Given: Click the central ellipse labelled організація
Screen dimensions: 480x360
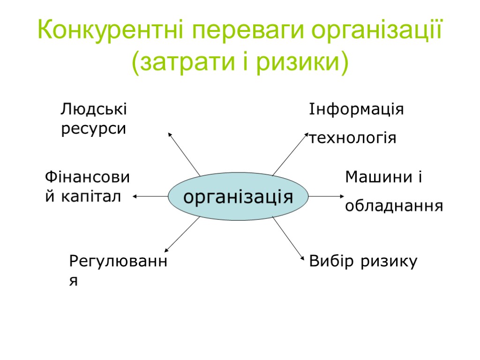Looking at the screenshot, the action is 238,196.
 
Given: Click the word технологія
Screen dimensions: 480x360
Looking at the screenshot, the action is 353,138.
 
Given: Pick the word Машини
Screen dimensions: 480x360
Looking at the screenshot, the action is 378,177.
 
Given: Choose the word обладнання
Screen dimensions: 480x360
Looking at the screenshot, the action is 394,206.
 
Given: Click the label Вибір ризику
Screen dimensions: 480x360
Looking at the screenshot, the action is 363,262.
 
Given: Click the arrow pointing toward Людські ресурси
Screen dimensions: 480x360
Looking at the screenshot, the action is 184,154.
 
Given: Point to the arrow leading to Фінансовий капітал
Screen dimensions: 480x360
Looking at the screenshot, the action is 150,196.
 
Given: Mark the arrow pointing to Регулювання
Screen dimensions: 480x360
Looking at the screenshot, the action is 183,234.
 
